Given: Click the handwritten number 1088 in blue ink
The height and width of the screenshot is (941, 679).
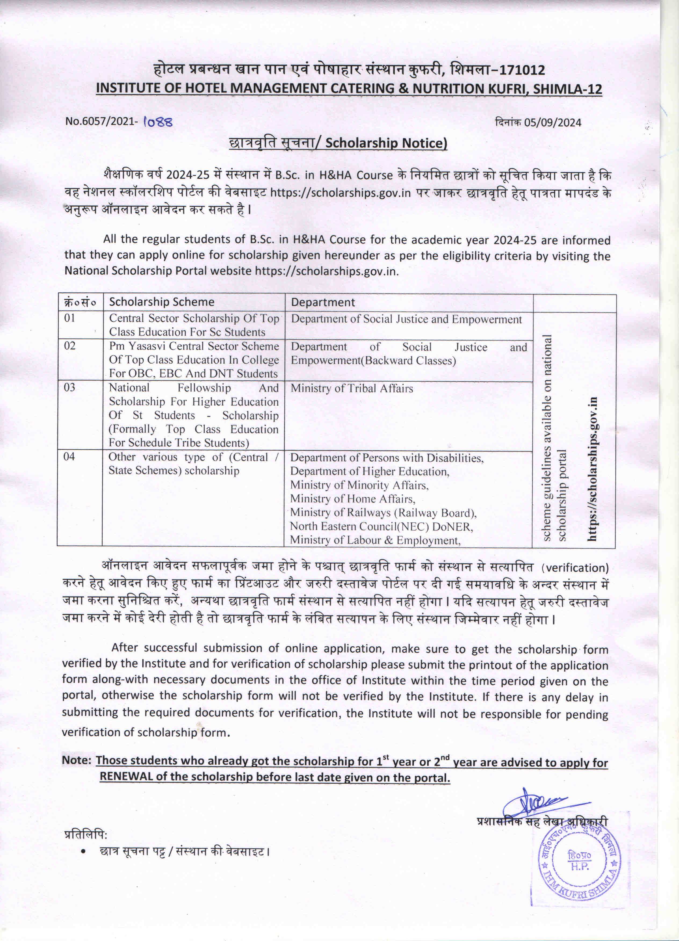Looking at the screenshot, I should (158, 122).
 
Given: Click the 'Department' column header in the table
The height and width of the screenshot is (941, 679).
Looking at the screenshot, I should (323, 302).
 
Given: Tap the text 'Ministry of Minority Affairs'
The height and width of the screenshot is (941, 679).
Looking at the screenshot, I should (359, 485).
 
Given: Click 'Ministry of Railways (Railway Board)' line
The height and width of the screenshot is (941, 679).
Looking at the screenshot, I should (383, 513).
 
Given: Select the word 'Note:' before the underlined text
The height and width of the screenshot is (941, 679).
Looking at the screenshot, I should (76, 760).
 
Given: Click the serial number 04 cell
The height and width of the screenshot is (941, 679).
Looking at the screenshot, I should (69, 457).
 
